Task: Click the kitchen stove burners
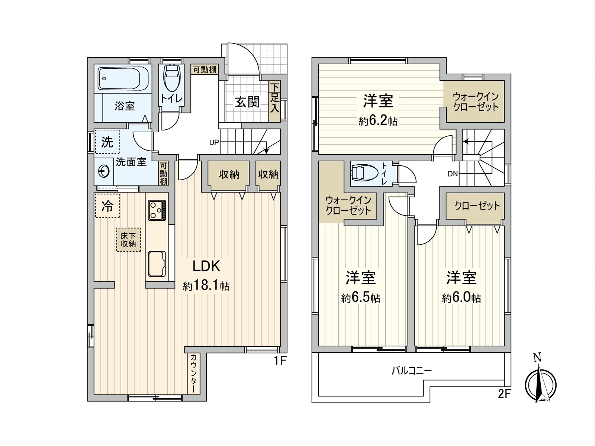tap(157, 210)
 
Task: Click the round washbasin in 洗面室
tap(104, 172)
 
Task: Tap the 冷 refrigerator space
tap(107, 206)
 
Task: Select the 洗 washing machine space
tap(107, 142)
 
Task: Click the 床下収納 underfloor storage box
tap(128, 240)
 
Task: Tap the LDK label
tap(206, 266)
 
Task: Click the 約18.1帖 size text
tap(206, 286)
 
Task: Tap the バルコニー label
tap(411, 371)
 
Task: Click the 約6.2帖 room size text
tap(378, 121)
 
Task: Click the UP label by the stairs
tap(214, 142)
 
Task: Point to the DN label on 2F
tap(453, 174)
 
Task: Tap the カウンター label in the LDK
tap(193, 373)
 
